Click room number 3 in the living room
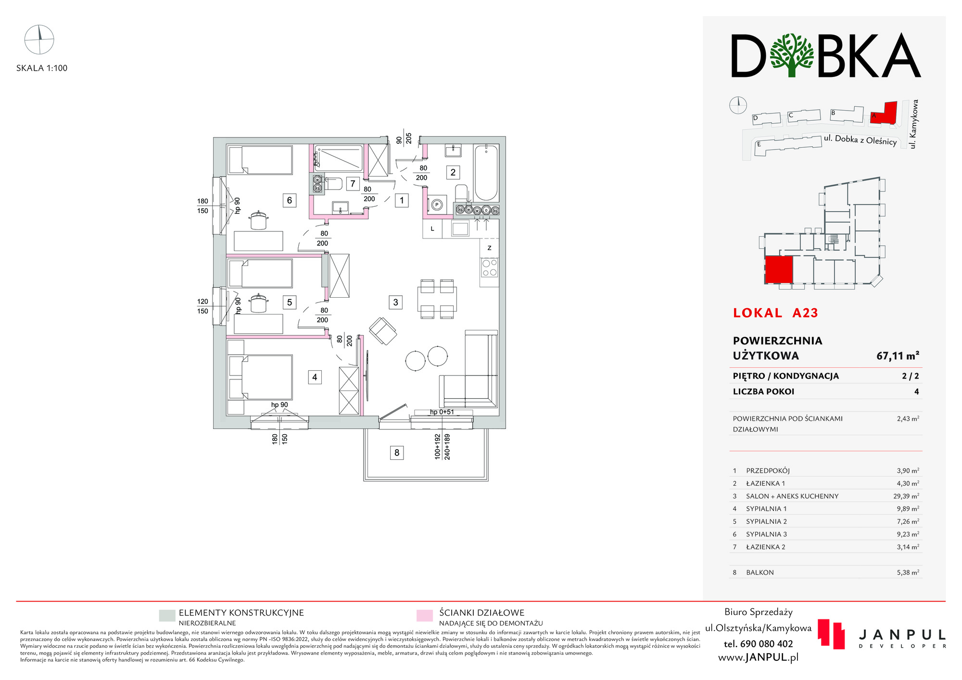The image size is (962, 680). tap(395, 302)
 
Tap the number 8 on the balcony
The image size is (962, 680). tap(397, 453)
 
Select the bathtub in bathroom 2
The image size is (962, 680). tap(486, 173)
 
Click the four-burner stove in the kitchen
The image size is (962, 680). tap(490, 268)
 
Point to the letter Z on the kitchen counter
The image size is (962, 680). tap(490, 248)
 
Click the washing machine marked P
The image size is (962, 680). tap(437, 205)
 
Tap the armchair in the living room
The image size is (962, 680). tap(383, 331)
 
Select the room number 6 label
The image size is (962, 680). tap(290, 201)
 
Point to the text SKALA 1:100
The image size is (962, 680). tap(42, 68)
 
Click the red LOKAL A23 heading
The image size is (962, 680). tap(775, 313)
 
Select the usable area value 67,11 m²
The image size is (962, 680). tap(898, 356)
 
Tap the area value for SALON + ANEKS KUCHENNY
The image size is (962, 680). tap(906, 496)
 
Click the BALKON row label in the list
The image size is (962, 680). tap(760, 573)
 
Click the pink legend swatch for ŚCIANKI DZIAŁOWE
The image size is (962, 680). tap(424, 616)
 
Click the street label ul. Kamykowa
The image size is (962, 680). tap(914, 124)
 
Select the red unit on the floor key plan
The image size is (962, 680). tap(779, 270)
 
